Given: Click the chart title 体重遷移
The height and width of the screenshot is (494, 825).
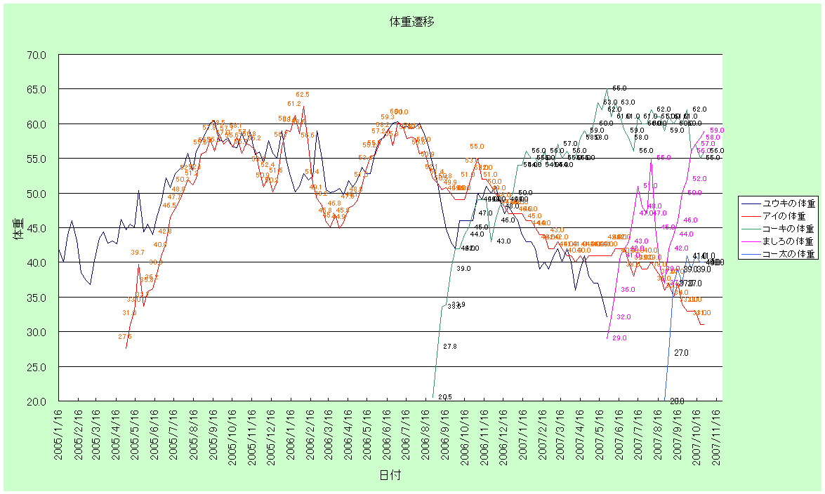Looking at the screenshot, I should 412,22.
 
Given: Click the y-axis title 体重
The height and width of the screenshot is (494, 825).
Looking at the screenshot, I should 19,229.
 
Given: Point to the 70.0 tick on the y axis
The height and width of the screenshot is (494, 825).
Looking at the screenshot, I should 36,55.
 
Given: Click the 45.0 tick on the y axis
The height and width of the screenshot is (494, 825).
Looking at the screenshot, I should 36,228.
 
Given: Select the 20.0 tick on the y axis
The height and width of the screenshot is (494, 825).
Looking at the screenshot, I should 36,401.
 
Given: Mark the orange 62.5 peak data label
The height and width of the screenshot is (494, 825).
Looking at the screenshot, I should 303,94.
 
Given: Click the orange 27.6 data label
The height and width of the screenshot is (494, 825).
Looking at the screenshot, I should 125,337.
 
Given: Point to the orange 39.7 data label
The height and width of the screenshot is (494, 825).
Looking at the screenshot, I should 138,253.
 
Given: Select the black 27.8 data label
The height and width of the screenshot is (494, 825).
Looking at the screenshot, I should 450,347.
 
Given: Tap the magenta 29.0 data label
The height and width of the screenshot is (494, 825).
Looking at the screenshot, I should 619,338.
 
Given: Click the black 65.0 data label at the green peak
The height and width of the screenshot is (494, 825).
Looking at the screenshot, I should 619,88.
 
